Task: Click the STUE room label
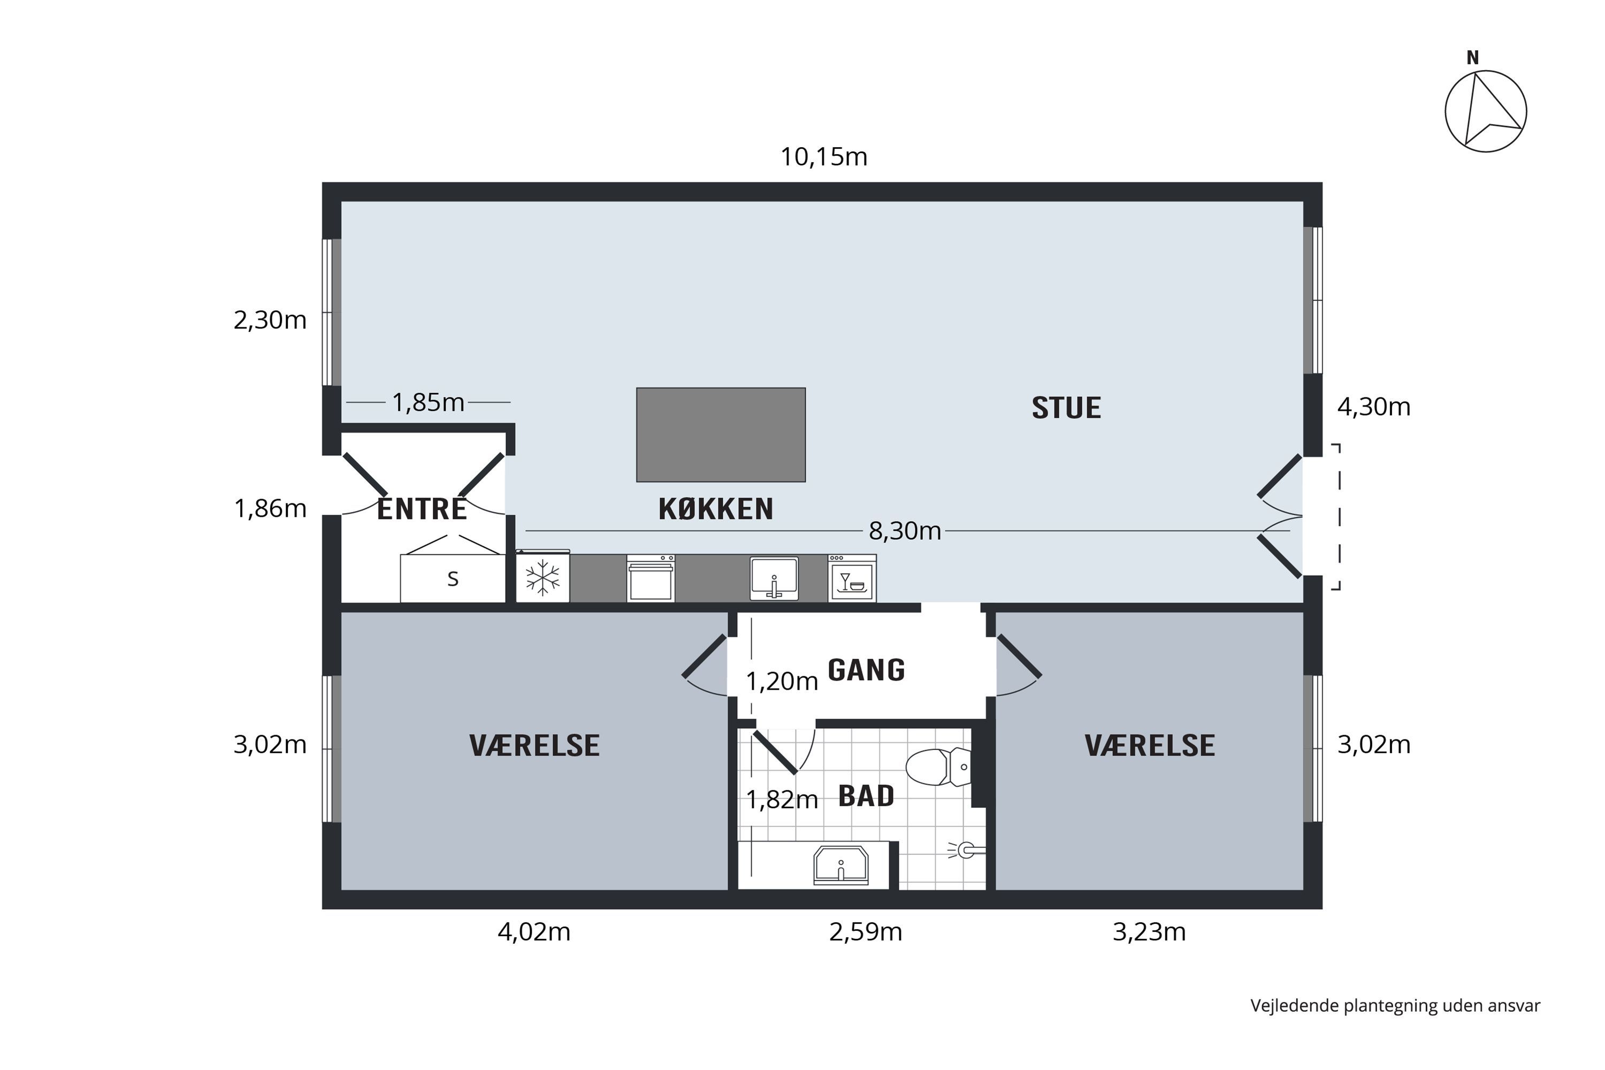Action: [x=1066, y=408]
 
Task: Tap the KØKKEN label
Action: [x=716, y=510]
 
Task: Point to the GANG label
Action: [x=866, y=670]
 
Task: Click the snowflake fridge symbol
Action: [x=542, y=578]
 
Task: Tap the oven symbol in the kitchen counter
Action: [x=651, y=579]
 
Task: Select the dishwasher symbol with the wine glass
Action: [x=852, y=579]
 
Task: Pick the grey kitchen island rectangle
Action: [x=721, y=434]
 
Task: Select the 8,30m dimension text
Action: [x=905, y=531]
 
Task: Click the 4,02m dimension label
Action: [x=533, y=932]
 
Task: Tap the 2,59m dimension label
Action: [x=865, y=932]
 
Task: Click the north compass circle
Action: [x=1486, y=111]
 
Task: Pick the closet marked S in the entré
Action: [x=453, y=579]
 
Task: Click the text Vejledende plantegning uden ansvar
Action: [x=1395, y=1006]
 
